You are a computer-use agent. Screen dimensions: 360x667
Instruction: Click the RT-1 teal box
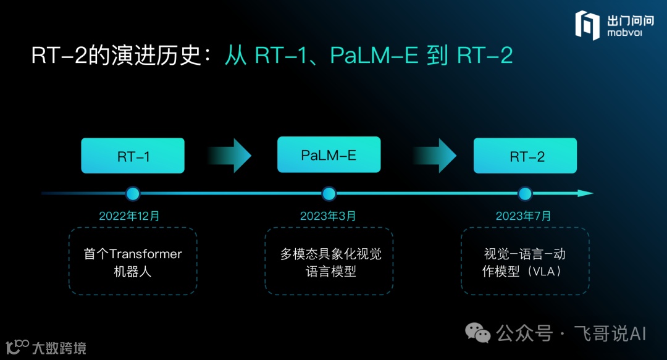(133, 156)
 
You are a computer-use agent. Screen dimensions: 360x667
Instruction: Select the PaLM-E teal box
(329, 154)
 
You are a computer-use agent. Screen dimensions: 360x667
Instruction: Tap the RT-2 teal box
(525, 156)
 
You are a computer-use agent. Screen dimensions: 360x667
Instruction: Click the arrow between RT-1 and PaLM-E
(230, 156)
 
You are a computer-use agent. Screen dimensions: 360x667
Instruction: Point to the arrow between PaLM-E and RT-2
(435, 156)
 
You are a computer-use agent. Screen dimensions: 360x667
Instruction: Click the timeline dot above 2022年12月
(133, 194)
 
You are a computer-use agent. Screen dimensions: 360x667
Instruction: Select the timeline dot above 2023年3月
(329, 194)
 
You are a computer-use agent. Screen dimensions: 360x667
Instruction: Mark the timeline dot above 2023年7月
(525, 194)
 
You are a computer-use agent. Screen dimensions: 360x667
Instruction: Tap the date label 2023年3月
(328, 216)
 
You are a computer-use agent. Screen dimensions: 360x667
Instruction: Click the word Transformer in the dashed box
(146, 254)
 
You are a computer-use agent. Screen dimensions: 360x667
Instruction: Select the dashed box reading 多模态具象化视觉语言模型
(329, 261)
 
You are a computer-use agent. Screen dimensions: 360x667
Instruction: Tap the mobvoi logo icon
(587, 25)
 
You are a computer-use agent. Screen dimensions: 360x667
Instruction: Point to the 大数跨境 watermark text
(59, 348)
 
